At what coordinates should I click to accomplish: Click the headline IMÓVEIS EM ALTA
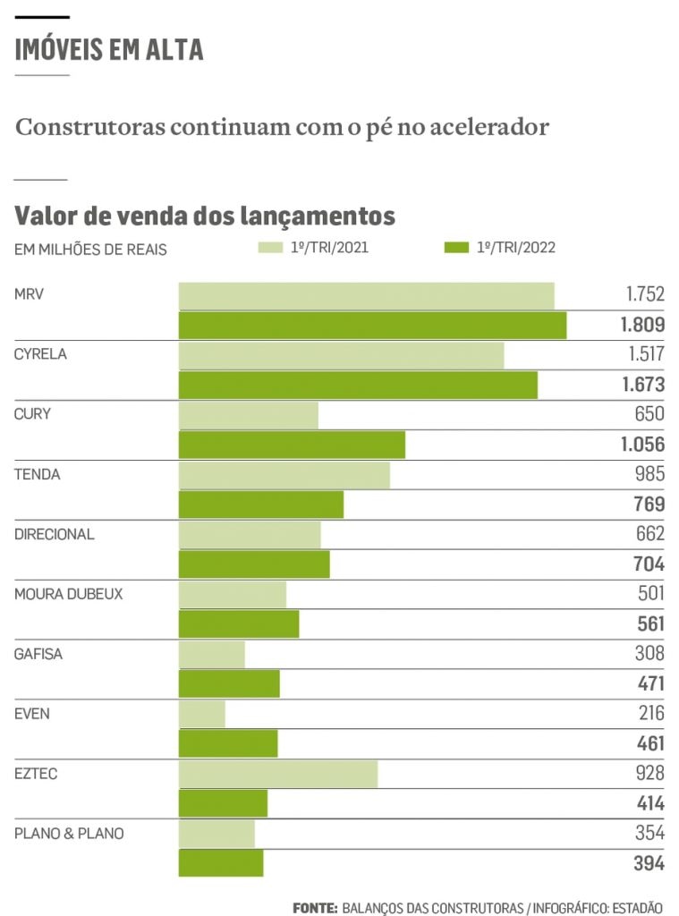(x=109, y=49)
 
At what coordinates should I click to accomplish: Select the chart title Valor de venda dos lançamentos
(x=205, y=216)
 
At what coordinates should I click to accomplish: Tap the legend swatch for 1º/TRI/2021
(x=271, y=248)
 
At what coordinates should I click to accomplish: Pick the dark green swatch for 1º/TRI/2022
(x=457, y=248)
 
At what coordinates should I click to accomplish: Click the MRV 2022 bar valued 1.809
(x=372, y=326)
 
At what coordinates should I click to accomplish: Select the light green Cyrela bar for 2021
(x=341, y=355)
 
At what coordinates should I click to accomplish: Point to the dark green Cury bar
(x=292, y=445)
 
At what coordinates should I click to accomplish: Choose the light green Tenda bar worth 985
(x=284, y=475)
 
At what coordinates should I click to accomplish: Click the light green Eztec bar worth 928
(x=278, y=774)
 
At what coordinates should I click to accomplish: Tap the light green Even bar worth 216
(x=202, y=714)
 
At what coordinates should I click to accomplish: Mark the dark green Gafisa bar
(x=229, y=683)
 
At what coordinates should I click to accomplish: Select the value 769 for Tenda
(x=649, y=505)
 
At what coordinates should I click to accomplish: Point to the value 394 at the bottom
(x=649, y=863)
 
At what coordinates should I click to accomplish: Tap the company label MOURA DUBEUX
(x=68, y=594)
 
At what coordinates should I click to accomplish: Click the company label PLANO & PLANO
(x=69, y=834)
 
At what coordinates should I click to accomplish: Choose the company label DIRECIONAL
(x=54, y=534)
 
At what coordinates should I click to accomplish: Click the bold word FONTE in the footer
(x=314, y=907)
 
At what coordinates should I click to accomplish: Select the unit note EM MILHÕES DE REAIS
(x=90, y=250)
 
